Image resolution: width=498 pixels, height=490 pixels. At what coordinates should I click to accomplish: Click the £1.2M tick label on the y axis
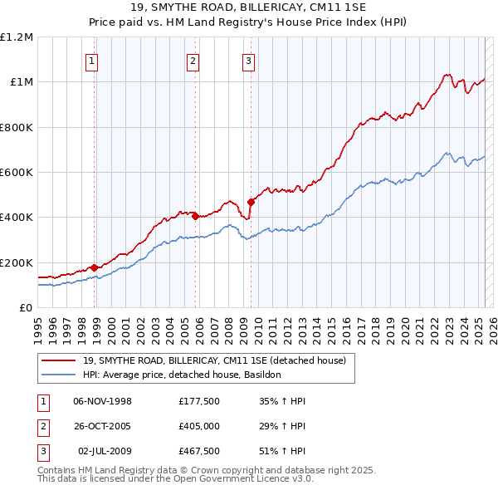[x=17, y=37]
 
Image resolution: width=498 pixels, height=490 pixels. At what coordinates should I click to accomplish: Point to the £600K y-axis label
[x=17, y=173]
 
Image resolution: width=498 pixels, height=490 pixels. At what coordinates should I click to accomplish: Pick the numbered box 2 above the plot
[x=193, y=60]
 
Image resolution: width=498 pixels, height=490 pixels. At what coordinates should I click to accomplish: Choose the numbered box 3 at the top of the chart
[x=248, y=60]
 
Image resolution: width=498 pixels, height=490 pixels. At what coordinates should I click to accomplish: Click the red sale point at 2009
[x=251, y=202]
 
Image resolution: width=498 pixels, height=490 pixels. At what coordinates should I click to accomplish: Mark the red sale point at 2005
[x=196, y=217]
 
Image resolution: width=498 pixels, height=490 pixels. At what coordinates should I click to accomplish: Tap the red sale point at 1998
[x=95, y=267]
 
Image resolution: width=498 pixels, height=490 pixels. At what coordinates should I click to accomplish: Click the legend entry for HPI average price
[x=182, y=375]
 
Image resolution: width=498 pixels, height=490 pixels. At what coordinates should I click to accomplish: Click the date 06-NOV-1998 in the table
[x=103, y=401]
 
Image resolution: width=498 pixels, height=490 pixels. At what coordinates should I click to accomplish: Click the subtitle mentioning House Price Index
[x=249, y=22]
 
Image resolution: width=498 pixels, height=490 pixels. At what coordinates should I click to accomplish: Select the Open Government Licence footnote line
[x=175, y=479]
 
